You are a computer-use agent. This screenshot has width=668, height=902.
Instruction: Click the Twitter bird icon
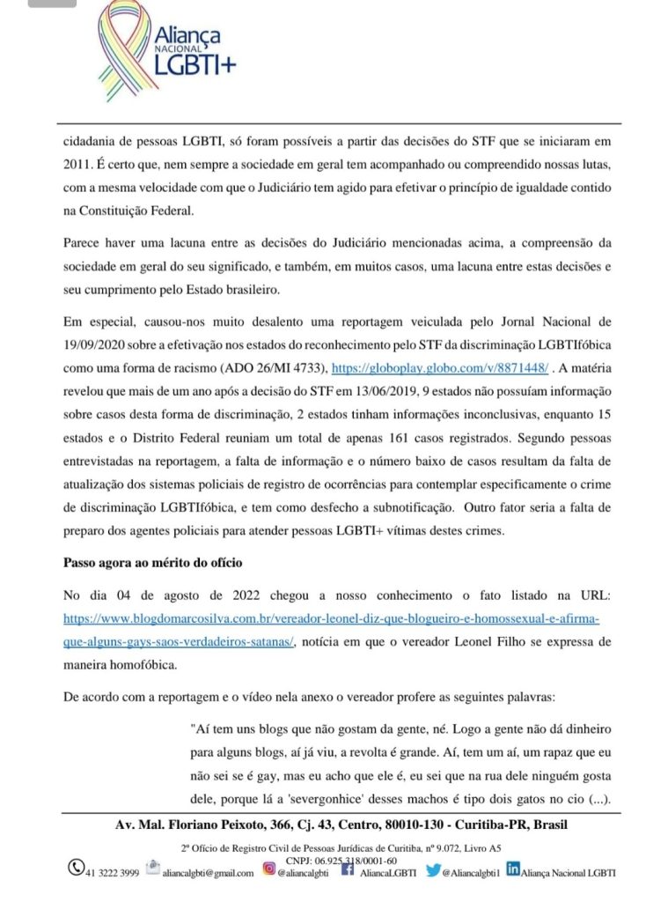pos(432,870)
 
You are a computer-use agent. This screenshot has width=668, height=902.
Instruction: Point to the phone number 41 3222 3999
pos(112,872)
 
